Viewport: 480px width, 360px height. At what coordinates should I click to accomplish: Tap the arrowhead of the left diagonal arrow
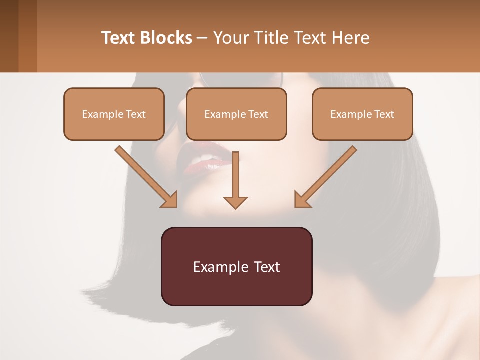(170, 200)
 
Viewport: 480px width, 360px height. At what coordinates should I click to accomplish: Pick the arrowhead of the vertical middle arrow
(235, 202)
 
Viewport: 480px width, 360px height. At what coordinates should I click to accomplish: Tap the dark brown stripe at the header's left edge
(9, 36)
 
